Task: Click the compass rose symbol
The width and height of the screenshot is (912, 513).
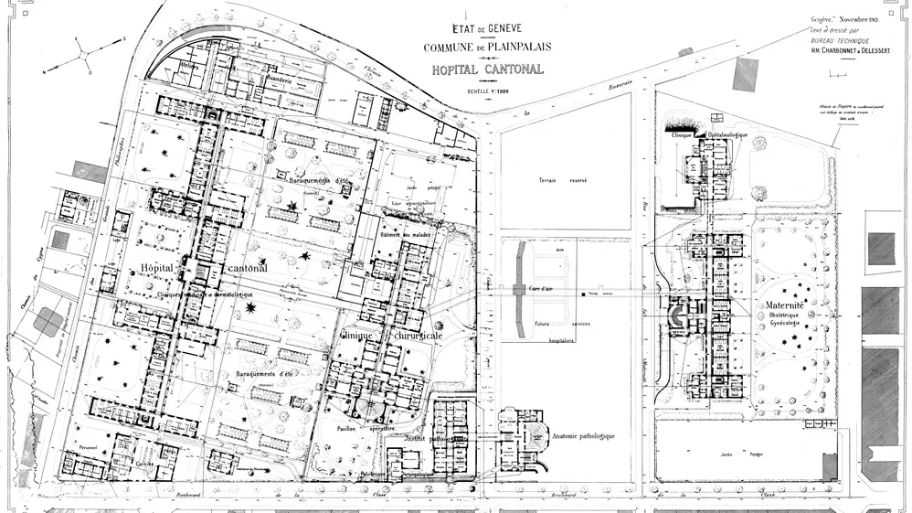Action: click(83, 54)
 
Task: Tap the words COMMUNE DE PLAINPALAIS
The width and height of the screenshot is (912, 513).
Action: click(487, 48)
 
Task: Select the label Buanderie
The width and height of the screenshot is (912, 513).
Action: click(277, 80)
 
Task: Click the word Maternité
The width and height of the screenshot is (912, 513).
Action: click(784, 303)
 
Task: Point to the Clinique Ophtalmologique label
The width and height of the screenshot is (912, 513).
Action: click(710, 134)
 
